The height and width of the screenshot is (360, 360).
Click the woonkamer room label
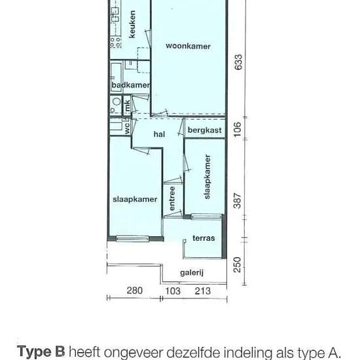point(188,46)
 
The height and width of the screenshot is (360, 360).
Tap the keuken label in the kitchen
point(132,24)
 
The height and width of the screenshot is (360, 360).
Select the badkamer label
point(131,85)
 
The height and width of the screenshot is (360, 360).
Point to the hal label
point(159,134)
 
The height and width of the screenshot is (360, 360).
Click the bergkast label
point(205,130)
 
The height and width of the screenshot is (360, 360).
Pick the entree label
point(171,198)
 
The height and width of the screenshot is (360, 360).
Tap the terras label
point(204,238)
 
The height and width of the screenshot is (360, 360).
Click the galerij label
point(192,273)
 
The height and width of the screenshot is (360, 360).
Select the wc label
point(127,128)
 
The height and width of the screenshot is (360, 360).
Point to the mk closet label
point(127,105)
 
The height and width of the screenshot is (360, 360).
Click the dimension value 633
point(238,62)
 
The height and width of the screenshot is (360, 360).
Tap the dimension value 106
point(238,129)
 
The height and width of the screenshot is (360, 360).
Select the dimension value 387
point(238,201)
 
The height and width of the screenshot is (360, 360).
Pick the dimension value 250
point(238,264)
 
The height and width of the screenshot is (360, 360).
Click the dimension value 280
point(135,291)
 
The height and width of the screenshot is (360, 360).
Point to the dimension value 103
point(173,291)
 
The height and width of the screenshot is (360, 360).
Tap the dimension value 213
point(203,291)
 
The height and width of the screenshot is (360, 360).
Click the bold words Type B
point(41,351)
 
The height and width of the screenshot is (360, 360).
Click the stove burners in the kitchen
point(115,43)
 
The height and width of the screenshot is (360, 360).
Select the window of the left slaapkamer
point(132,239)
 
